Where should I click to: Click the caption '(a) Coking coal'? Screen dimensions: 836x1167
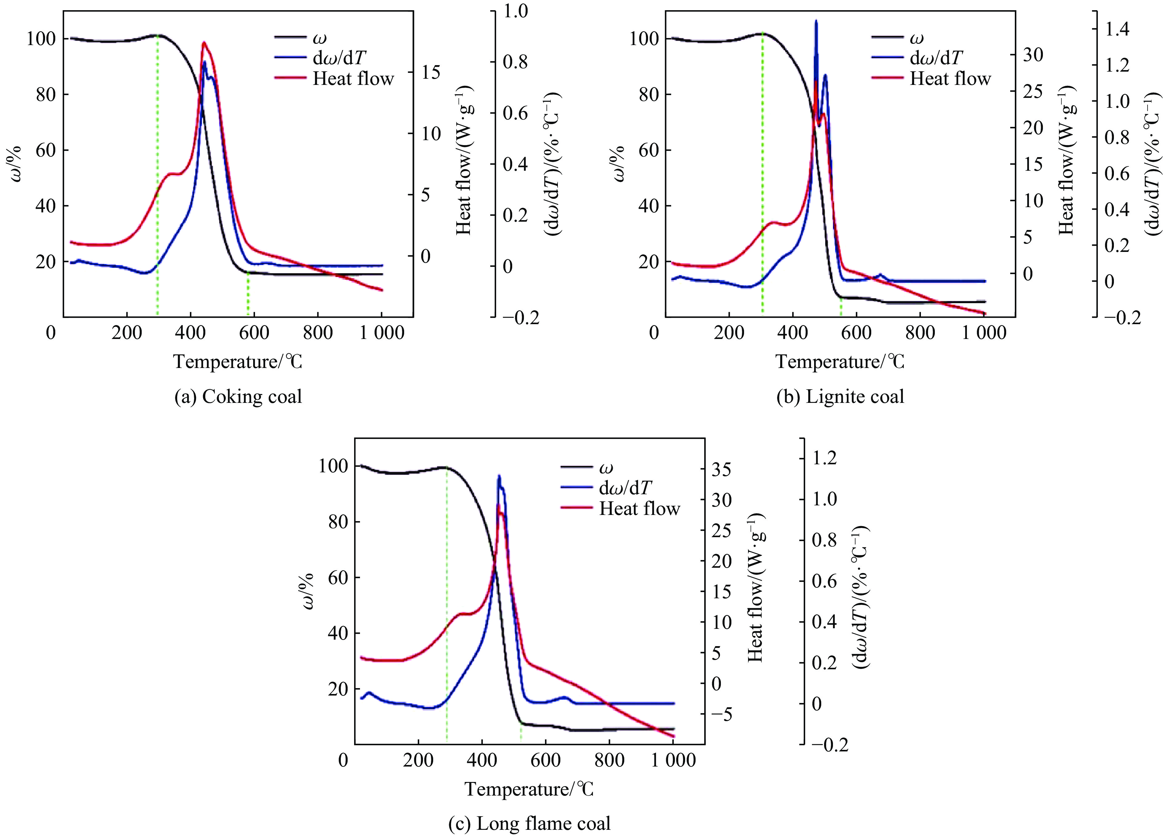(x=238, y=397)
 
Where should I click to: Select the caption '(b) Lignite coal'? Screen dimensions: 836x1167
(x=840, y=397)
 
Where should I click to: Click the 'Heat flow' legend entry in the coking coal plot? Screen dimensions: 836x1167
(x=353, y=79)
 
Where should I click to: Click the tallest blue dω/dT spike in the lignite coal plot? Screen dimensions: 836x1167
(x=816, y=22)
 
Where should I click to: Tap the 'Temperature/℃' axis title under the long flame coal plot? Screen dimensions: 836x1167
(x=529, y=789)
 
